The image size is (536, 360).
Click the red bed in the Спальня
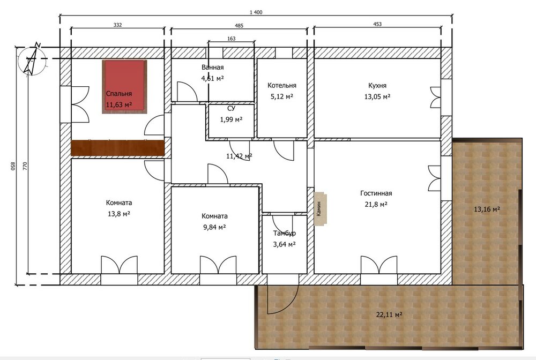click(x=124, y=86)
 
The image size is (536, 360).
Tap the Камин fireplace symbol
click(x=321, y=208)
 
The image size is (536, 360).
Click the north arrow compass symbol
click(x=32, y=60)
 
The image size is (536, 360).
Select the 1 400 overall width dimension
click(x=256, y=12)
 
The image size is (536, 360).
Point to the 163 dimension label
click(x=232, y=39)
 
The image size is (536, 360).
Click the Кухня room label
click(x=377, y=85)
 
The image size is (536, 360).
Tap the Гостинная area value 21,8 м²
click(x=376, y=204)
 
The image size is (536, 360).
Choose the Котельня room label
click(x=282, y=85)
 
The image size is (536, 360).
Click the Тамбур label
click(x=285, y=233)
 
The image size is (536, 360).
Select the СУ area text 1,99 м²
click(x=232, y=119)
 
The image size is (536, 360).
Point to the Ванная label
click(x=213, y=67)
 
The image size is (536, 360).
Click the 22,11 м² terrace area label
click(x=389, y=314)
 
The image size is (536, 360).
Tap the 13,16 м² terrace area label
click(x=487, y=209)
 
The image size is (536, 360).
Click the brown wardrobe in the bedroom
click(x=117, y=148)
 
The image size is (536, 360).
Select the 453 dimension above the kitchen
click(x=377, y=24)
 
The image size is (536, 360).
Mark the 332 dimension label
click(x=117, y=25)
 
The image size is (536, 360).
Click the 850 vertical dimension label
click(x=14, y=166)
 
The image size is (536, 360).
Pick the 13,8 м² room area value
click(x=119, y=214)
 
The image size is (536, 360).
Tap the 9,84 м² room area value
click(x=214, y=227)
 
